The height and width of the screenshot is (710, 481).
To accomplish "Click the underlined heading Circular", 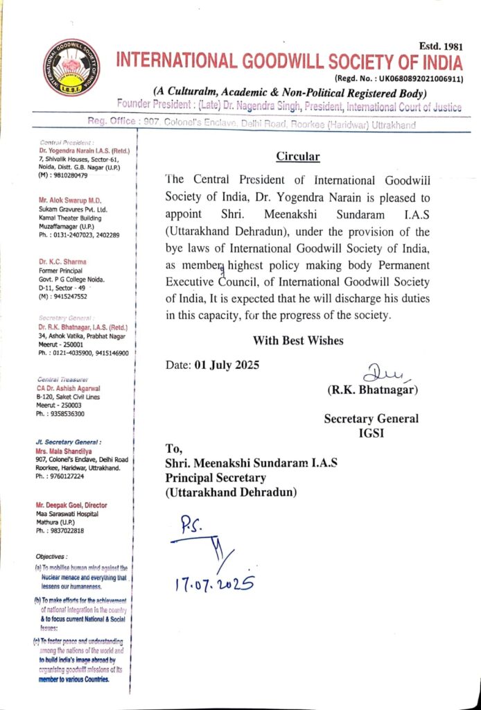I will (x=298, y=156).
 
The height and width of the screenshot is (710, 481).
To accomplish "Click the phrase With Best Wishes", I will (x=298, y=340).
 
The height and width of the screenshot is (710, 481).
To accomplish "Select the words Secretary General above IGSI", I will (x=371, y=418).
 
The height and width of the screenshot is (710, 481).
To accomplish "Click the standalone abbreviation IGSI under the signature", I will (x=372, y=432).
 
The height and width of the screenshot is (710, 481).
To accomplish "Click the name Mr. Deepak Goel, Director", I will (x=74, y=505).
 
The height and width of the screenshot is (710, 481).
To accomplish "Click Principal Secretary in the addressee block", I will (x=217, y=478).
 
